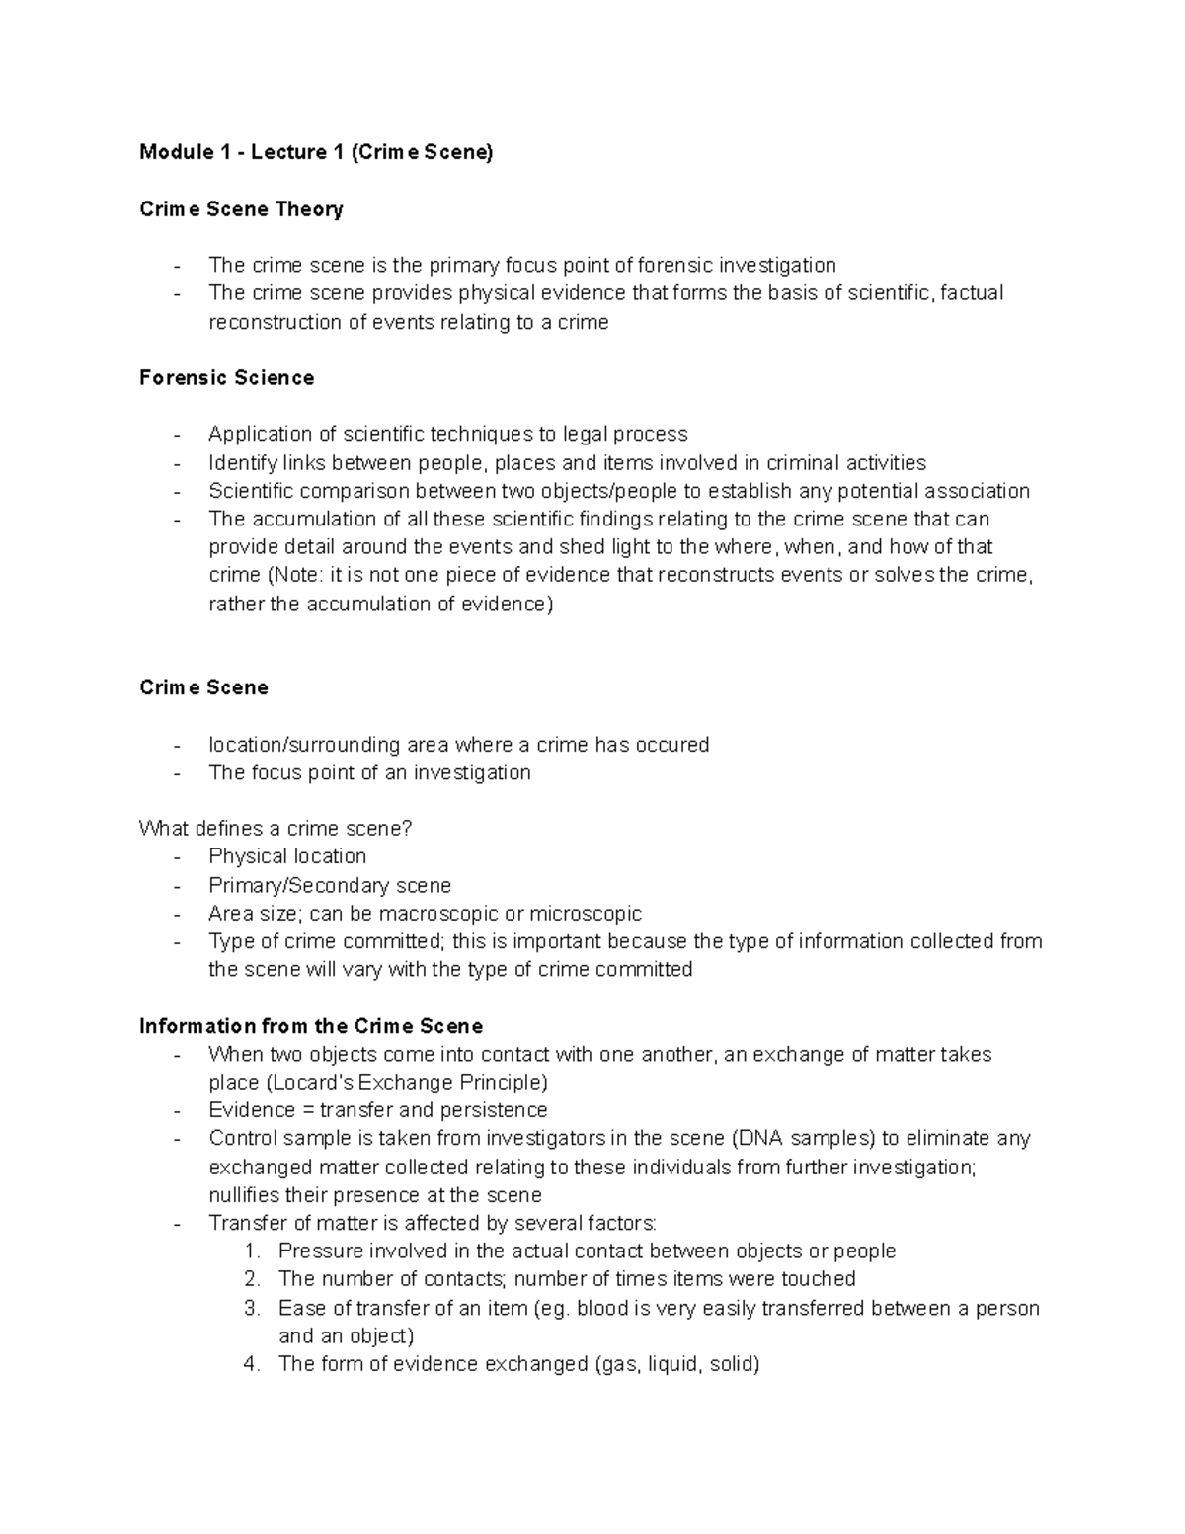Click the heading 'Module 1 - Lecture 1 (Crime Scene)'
[315, 152]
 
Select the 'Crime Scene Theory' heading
[241, 209]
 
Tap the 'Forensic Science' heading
[226, 378]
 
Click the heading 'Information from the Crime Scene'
[311, 1026]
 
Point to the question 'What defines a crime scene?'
[275, 829]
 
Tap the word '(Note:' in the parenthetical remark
[293, 575]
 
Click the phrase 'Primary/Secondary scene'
[330, 885]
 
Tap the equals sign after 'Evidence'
[307, 1110]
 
